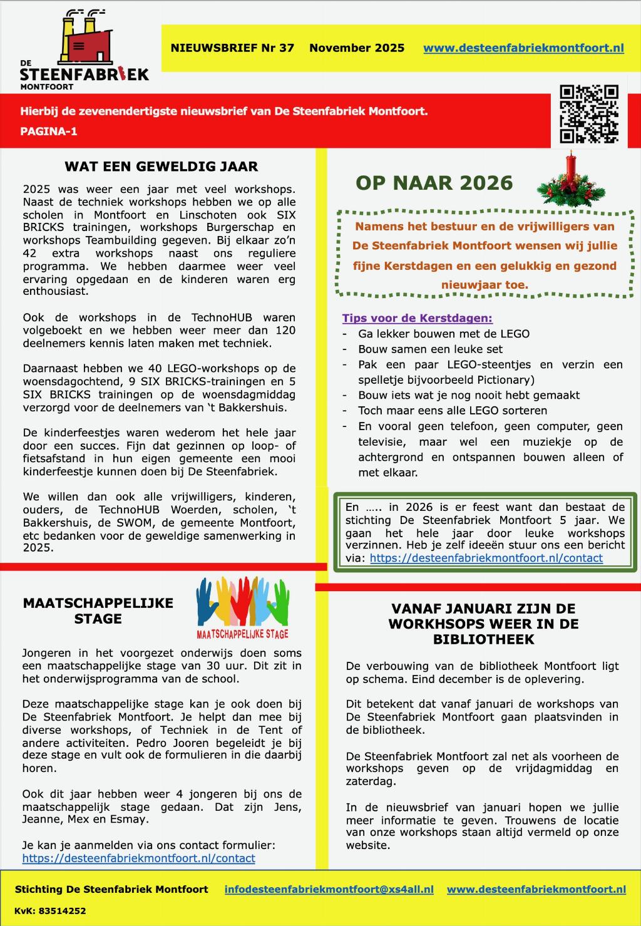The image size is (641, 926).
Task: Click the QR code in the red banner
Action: point(588,114)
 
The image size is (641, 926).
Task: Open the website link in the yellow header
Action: point(523,48)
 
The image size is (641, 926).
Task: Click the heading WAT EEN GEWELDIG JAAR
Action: point(161,167)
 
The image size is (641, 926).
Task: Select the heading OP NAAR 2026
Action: point(434,183)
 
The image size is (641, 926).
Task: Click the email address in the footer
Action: point(329,889)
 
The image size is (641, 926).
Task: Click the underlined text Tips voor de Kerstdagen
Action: point(417,318)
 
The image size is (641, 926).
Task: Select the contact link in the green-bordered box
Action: point(486,558)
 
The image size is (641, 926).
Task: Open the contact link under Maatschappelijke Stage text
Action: point(138,858)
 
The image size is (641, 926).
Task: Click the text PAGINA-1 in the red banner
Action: point(49,131)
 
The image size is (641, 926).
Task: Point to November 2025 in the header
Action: point(357,48)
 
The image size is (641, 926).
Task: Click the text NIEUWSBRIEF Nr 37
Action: point(232,48)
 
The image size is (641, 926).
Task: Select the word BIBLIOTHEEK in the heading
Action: point(483,639)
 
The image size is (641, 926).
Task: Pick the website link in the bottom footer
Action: point(536,889)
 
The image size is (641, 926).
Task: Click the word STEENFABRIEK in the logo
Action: point(85,74)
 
